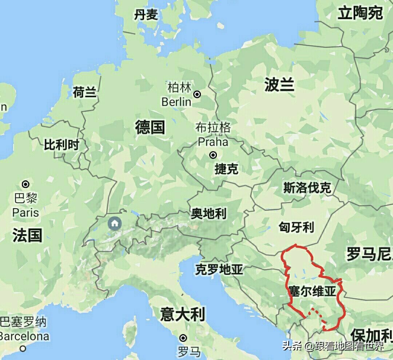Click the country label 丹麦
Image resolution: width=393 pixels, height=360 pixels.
(146, 15)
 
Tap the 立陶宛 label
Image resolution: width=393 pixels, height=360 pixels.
(360, 13)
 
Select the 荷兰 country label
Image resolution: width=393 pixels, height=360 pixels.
(84, 92)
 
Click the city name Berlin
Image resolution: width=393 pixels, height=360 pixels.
(176, 101)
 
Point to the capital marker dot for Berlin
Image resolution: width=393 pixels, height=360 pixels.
(197, 95)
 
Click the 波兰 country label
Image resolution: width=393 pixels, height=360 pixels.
(279, 85)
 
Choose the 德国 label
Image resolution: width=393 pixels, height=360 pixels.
(150, 127)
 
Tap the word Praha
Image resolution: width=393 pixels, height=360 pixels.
(213, 141)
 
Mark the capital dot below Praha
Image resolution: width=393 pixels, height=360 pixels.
(213, 155)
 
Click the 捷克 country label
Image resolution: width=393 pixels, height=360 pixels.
(226, 169)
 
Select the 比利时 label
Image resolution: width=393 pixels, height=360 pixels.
(61, 145)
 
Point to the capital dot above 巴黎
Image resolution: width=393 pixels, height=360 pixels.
(26, 184)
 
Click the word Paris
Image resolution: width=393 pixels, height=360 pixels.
(25, 212)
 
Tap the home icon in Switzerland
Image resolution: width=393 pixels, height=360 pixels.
(115, 223)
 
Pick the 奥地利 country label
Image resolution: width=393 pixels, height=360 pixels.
(209, 213)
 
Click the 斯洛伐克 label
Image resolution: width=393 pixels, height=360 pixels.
(307, 188)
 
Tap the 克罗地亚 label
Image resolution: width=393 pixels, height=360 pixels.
(219, 269)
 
